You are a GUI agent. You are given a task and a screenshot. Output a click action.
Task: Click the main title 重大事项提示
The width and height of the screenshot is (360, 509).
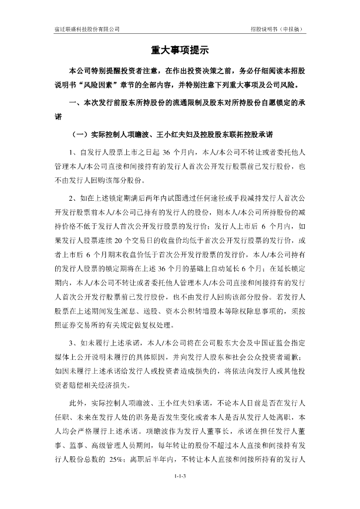point(180,50)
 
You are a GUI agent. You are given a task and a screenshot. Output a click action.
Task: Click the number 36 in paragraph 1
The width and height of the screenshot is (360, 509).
point(167,152)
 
